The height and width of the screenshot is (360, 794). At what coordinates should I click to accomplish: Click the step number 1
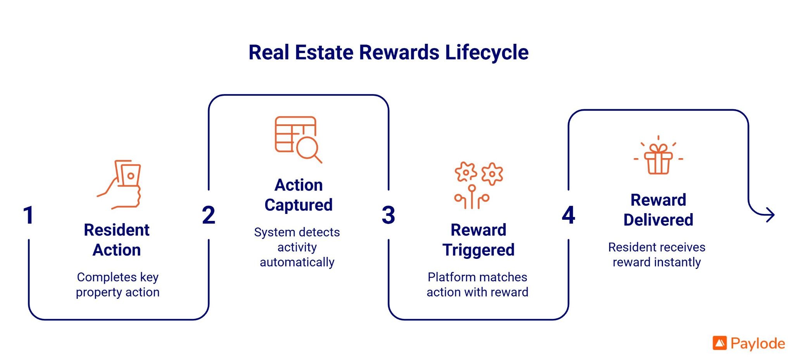(28, 215)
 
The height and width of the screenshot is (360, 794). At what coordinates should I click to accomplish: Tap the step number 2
(209, 215)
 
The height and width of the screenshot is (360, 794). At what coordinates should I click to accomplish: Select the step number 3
(388, 215)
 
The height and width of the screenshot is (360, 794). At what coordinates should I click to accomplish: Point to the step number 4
(568, 215)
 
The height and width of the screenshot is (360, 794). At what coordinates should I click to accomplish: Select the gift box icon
(658, 159)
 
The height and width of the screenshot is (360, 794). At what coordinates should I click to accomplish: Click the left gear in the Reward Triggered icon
(466, 172)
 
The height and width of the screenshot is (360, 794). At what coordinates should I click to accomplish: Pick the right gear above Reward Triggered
(492, 174)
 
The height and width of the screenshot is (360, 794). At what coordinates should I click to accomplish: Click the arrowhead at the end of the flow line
(771, 215)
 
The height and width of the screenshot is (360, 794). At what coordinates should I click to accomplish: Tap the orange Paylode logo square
(720, 343)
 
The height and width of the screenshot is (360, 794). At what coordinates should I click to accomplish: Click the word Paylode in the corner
(758, 344)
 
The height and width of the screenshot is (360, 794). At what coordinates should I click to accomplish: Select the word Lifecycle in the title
(487, 53)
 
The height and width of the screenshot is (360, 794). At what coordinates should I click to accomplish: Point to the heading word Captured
(299, 205)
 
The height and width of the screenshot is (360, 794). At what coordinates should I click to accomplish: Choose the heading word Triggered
(478, 250)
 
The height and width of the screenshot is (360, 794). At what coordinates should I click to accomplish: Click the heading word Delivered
(658, 220)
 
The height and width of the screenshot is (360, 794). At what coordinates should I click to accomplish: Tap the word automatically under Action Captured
(297, 262)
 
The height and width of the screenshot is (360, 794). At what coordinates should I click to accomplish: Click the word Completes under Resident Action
(107, 277)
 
